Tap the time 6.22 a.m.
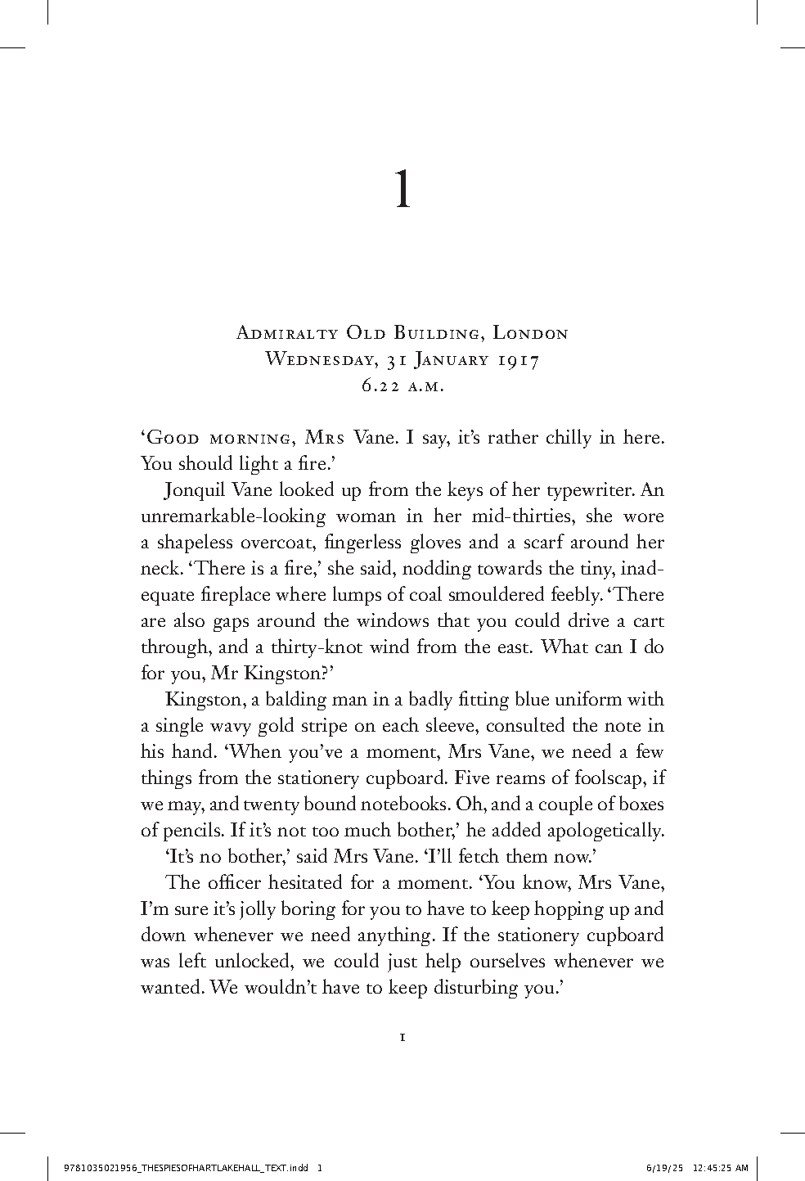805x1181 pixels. (402, 385)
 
